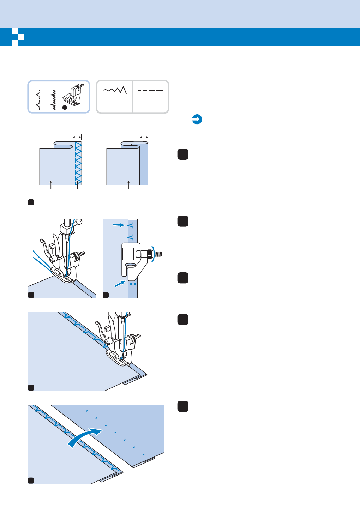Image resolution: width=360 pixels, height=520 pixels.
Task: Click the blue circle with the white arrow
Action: click(197, 119)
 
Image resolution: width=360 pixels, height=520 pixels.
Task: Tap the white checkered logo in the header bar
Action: click(18, 37)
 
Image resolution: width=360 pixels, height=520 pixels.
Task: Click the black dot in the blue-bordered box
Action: click(65, 108)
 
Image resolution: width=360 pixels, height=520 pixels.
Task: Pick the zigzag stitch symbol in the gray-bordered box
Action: click(115, 90)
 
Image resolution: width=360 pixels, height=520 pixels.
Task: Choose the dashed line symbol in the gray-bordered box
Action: click(151, 90)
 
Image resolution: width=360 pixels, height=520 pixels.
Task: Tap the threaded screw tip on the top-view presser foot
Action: click(158, 254)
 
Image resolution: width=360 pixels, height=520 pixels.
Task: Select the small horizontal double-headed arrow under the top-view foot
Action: click(133, 283)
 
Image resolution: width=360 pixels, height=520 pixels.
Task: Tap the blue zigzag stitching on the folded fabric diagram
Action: click(79, 163)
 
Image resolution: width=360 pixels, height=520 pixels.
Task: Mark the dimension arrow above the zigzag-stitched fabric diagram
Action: click(77, 137)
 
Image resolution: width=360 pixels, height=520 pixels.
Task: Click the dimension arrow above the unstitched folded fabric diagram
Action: click(144, 137)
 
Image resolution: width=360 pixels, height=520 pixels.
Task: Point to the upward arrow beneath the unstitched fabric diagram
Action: click(128, 185)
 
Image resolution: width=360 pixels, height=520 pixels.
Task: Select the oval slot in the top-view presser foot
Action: click(130, 264)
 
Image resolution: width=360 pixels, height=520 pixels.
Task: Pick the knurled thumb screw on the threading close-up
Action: click(76, 255)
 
